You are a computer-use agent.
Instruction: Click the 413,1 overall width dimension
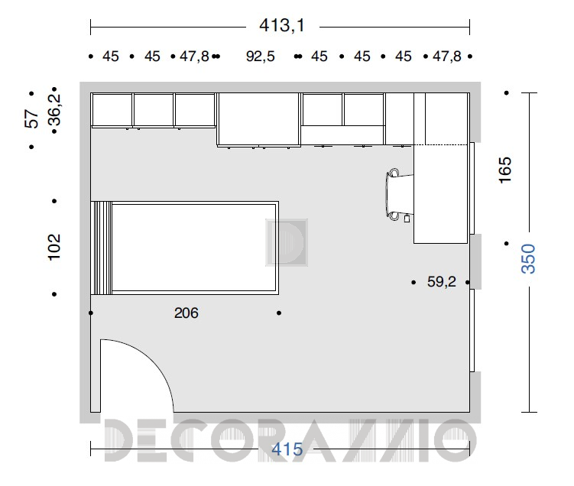click(x=281, y=26)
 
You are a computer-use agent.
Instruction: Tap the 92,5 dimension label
click(x=261, y=57)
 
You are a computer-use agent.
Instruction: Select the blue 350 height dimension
click(x=528, y=259)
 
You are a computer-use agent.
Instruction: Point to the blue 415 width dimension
click(x=287, y=449)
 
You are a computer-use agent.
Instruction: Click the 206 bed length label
click(x=186, y=313)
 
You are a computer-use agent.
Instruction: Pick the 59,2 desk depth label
click(x=442, y=281)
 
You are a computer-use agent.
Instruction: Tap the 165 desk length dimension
click(x=504, y=170)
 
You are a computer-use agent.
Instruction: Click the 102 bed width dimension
click(x=54, y=247)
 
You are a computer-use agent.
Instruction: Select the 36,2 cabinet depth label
click(x=54, y=109)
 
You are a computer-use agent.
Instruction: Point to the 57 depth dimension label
click(x=31, y=119)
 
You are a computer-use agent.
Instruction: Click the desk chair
click(x=398, y=194)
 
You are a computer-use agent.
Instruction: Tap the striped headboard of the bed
click(x=102, y=248)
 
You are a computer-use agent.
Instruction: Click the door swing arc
click(x=147, y=361)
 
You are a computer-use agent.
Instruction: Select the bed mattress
click(x=193, y=248)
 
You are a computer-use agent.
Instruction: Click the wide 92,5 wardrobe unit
click(x=259, y=119)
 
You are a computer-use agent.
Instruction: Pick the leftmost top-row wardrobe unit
click(x=112, y=110)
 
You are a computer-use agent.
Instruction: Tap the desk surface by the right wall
click(x=441, y=194)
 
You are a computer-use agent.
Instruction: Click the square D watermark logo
click(x=287, y=243)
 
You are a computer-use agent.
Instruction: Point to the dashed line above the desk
click(x=441, y=145)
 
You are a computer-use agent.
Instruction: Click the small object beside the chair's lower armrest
click(x=407, y=219)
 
